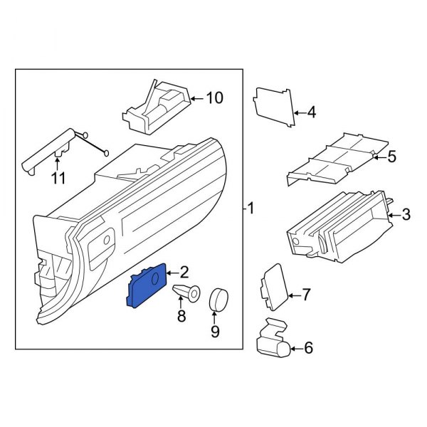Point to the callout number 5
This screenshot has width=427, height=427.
point(391,157)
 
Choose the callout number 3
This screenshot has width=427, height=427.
point(406,213)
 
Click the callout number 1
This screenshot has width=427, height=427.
point(251,208)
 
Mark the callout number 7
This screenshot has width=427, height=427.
point(307,293)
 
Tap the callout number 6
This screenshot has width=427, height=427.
point(308,348)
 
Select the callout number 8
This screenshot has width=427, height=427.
point(181,315)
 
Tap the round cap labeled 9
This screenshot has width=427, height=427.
point(217,300)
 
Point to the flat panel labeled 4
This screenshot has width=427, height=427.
point(274,107)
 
